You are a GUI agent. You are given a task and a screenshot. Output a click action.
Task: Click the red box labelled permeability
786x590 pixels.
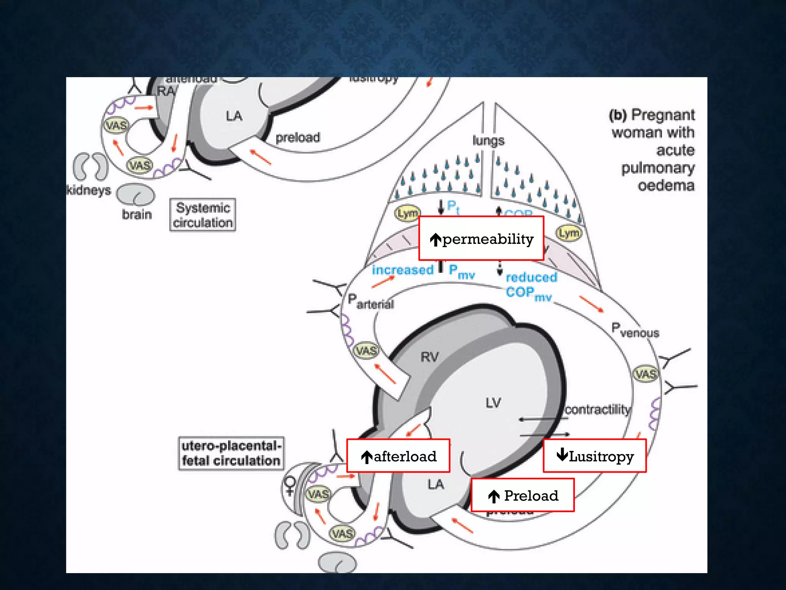[481, 238]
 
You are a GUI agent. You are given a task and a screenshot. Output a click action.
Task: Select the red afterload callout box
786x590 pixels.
[398, 456]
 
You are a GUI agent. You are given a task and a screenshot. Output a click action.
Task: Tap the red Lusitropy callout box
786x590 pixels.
[594, 456]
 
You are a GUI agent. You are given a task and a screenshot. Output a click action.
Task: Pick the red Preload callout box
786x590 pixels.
[522, 495]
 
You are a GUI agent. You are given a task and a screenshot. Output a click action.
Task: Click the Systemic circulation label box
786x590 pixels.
[203, 215]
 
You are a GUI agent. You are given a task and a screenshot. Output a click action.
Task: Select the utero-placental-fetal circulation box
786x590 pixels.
[231, 453]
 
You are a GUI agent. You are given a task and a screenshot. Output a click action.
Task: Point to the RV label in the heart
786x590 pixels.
[429, 357]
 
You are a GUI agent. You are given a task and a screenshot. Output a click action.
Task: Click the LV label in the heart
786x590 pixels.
[493, 403]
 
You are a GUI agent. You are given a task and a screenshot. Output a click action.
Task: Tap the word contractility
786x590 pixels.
[597, 409]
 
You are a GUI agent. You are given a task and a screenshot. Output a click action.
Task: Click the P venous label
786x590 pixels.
[635, 330]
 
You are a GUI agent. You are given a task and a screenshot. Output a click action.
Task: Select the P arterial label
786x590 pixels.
[370, 302]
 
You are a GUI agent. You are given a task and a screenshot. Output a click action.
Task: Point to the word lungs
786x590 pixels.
[488, 141]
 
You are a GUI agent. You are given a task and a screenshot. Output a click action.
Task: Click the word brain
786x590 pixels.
[137, 214]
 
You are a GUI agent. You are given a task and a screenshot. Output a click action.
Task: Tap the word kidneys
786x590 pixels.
[89, 190]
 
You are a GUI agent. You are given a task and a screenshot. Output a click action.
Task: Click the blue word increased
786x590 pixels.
[403, 270]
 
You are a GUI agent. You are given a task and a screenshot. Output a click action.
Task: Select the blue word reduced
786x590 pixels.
[531, 277]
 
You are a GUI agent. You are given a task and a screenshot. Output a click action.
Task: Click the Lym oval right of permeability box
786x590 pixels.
[569, 233]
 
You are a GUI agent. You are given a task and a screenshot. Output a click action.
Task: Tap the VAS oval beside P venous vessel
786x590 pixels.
[646, 374]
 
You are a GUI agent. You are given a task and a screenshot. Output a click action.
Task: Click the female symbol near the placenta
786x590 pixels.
[290, 486]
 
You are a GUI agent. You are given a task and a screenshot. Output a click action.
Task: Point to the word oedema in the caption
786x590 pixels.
[666, 186]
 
